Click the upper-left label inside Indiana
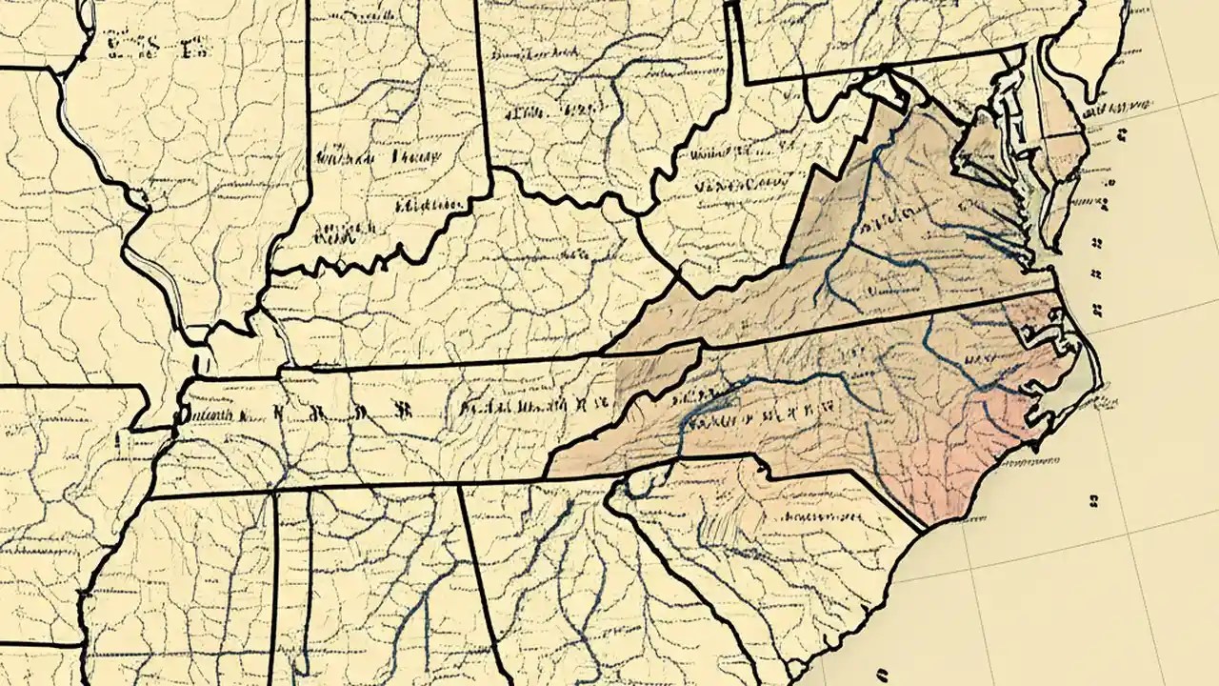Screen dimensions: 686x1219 click(x=343, y=152)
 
